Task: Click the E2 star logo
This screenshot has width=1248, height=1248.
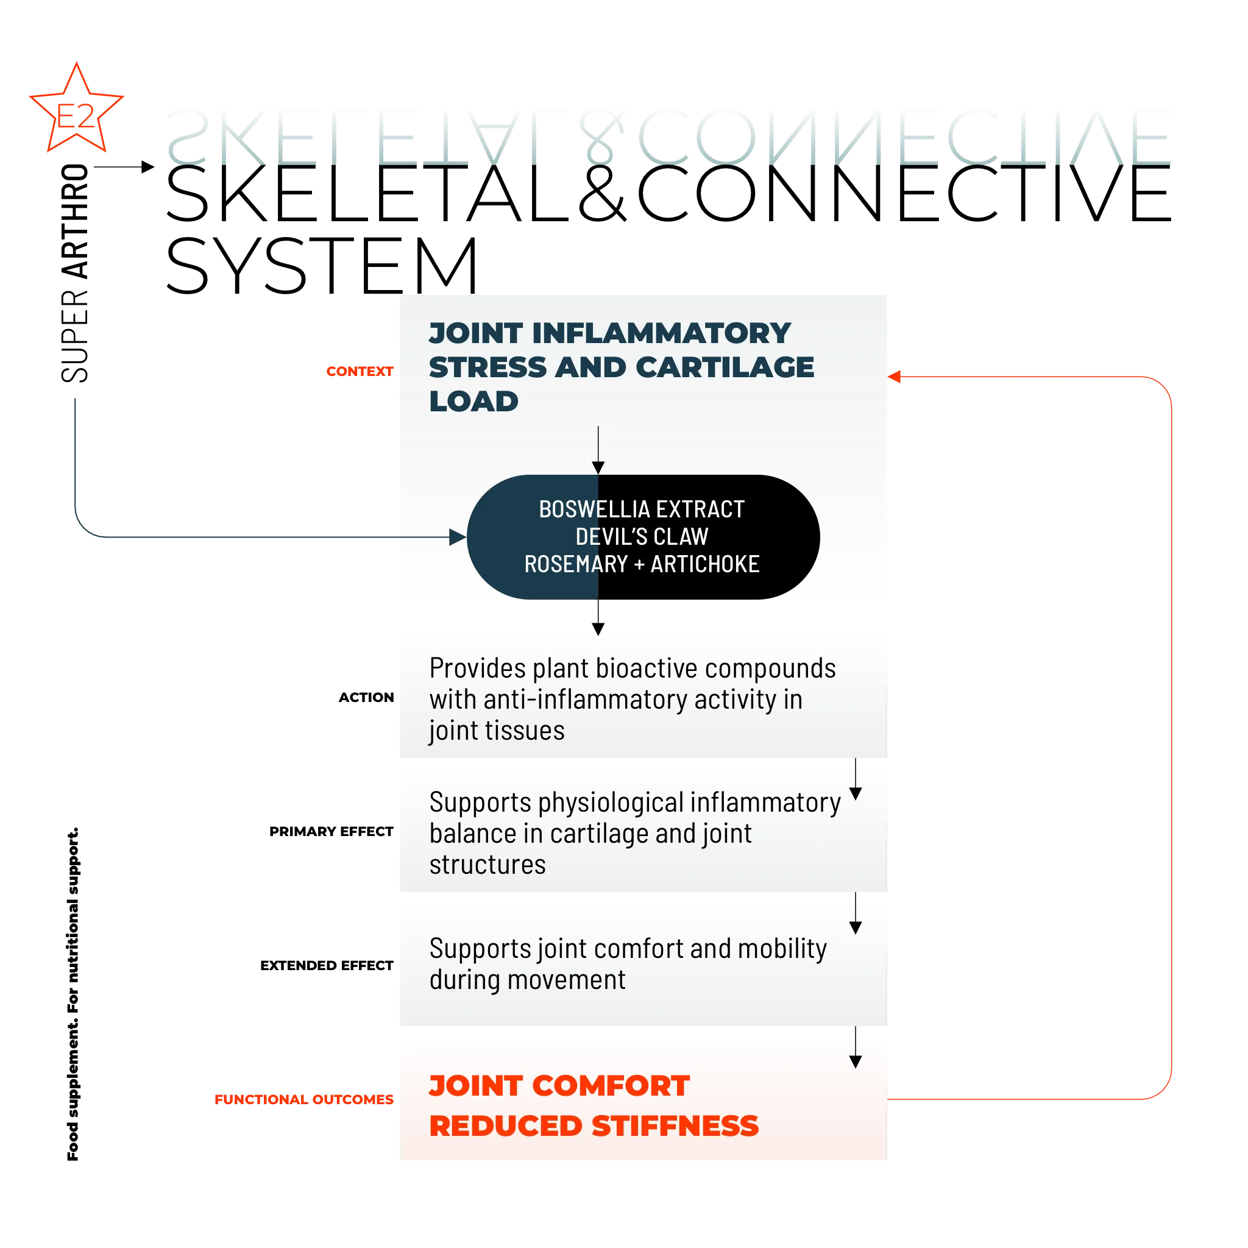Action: (76, 108)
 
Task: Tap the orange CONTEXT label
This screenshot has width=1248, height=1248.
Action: (360, 372)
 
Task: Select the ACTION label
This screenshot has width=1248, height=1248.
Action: (366, 698)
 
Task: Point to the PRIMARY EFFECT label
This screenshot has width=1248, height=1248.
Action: (331, 831)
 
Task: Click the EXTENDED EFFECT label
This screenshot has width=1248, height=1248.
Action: (327, 966)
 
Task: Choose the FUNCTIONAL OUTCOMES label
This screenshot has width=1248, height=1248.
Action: (304, 1099)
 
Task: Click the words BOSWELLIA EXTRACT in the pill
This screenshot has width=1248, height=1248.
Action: (642, 509)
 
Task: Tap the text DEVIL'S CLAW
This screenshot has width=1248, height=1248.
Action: (642, 537)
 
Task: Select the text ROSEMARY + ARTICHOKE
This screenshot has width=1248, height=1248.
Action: (642, 564)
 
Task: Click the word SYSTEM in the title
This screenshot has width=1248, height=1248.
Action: (322, 266)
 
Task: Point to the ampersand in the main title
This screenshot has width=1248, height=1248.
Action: (601, 193)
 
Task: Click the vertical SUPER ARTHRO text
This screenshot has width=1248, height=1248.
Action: (75, 273)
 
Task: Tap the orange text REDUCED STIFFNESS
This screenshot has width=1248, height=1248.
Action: (594, 1127)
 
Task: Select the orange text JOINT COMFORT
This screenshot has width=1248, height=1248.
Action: (559, 1086)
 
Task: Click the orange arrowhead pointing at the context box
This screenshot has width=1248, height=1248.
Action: (894, 377)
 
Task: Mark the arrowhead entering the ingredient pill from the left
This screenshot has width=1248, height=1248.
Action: (458, 537)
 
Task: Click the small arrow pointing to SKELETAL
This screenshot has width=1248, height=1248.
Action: (124, 166)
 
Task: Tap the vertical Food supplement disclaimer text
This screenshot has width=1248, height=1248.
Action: (73, 994)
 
